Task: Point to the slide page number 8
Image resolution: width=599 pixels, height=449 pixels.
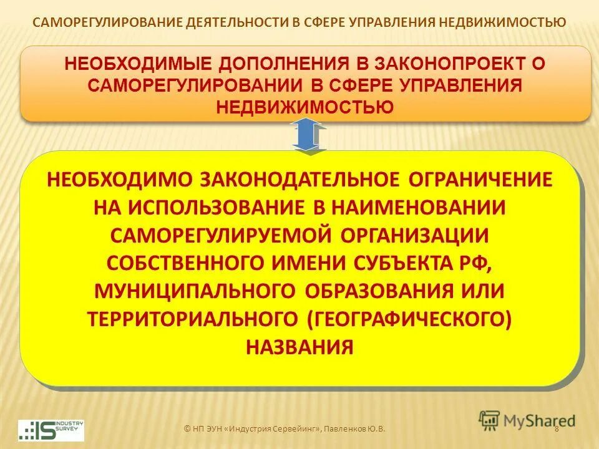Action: tap(556, 428)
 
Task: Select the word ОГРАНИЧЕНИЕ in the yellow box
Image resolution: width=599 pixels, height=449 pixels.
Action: tap(481, 179)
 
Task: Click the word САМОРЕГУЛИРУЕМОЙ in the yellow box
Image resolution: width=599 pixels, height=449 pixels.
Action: tap(220, 235)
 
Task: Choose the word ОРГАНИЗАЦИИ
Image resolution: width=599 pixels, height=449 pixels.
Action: tap(415, 235)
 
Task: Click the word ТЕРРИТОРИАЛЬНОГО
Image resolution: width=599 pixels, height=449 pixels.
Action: tap(193, 319)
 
